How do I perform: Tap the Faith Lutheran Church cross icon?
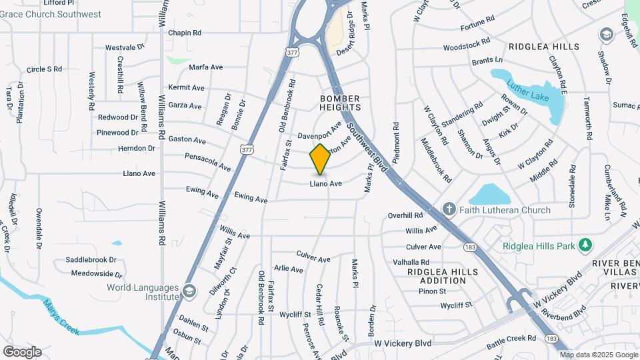[x=449, y=210]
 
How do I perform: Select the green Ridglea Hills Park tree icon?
[x=585, y=246]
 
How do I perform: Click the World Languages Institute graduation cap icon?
[x=189, y=291]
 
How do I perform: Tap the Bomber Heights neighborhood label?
[x=339, y=103]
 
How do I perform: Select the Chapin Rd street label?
[x=185, y=33]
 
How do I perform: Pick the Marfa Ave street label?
[x=205, y=67]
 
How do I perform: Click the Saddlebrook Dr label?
[x=91, y=260]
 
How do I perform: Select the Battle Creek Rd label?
[x=511, y=339]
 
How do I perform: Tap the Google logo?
[x=22, y=352]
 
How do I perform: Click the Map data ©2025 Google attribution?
[x=599, y=355]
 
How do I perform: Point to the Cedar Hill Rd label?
[x=320, y=304]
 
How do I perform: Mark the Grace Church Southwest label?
[x=51, y=14]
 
